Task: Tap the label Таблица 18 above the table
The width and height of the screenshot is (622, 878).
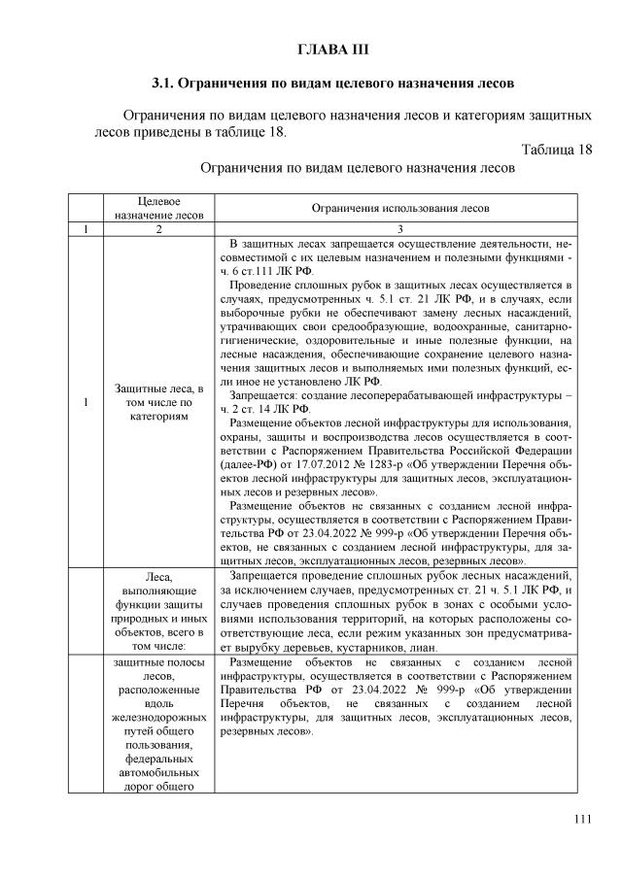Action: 556,150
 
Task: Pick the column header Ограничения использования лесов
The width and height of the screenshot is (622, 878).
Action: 400,208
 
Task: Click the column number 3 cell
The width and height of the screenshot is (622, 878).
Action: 400,228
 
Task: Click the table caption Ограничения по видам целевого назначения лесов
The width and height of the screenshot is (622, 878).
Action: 356,167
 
